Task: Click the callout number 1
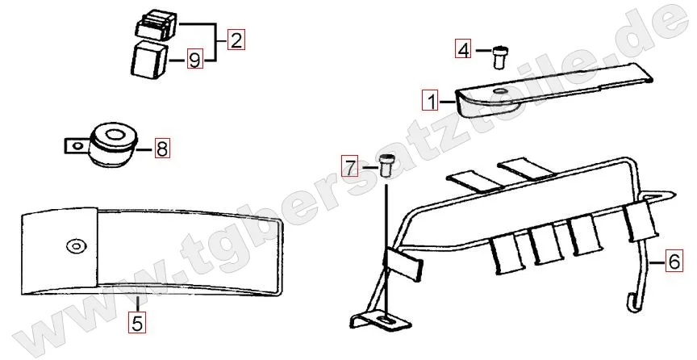tap(432, 102)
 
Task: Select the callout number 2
tap(235, 40)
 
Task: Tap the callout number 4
tap(462, 49)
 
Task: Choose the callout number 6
tap(674, 261)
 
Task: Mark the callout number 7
tap(349, 167)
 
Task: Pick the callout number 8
tap(161, 148)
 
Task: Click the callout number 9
tap(194, 59)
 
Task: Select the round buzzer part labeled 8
tap(112, 144)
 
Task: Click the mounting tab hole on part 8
tap(75, 146)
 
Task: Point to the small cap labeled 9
tap(148, 61)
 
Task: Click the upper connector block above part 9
tap(156, 26)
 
